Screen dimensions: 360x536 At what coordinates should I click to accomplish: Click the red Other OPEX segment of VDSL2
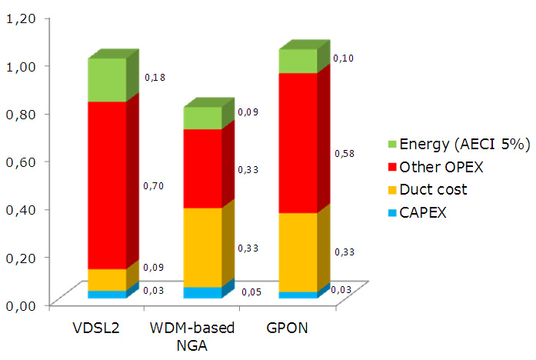point(107,185)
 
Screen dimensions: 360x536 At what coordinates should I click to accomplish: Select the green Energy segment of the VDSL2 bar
point(107,80)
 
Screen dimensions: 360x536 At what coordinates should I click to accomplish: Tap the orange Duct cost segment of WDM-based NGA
point(201,247)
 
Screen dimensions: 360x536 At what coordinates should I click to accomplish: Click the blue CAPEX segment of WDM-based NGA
point(201,292)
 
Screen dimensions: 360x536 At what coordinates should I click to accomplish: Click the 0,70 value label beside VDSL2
point(154,185)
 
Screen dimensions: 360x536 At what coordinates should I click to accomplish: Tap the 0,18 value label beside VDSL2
point(154,77)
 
